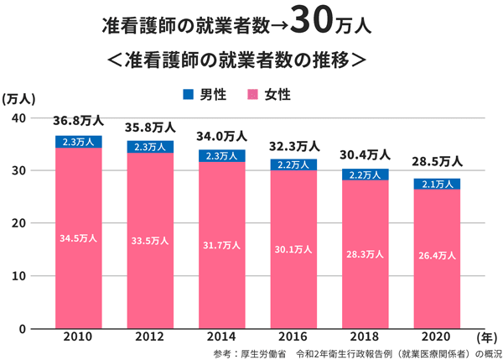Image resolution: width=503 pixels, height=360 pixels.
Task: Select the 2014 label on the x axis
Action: tap(221, 337)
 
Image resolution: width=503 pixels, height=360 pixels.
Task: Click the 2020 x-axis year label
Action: tap(436, 337)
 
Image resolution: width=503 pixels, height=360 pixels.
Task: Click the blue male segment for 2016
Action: tap(293, 164)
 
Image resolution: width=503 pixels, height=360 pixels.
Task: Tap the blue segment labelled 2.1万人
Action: tap(436, 184)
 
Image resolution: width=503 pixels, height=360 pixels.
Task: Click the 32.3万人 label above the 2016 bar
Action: tap(293, 147)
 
